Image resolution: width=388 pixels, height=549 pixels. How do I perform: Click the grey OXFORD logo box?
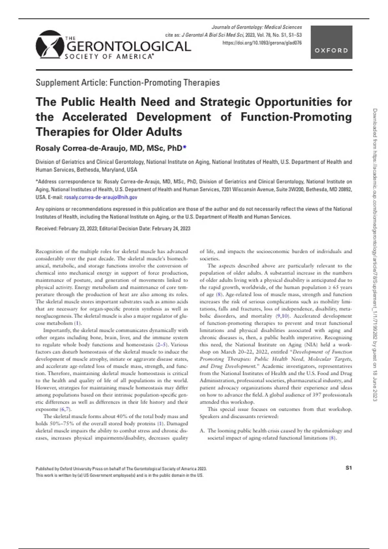tap(331, 42)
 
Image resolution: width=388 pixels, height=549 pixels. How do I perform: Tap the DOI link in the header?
tap(262, 43)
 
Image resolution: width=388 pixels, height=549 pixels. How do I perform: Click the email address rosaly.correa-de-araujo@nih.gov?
tap(101, 197)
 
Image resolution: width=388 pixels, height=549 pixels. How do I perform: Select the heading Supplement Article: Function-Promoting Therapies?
tap(128, 83)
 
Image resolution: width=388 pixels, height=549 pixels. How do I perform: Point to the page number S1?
tap(348, 468)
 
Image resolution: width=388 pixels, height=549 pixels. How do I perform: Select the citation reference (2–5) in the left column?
tap(162, 345)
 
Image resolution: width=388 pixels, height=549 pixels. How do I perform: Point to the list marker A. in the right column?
tap(202, 430)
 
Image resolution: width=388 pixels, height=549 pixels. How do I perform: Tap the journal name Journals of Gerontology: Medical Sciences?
tap(256, 27)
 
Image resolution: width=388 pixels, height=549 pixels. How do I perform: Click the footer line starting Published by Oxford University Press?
tap(121, 469)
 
